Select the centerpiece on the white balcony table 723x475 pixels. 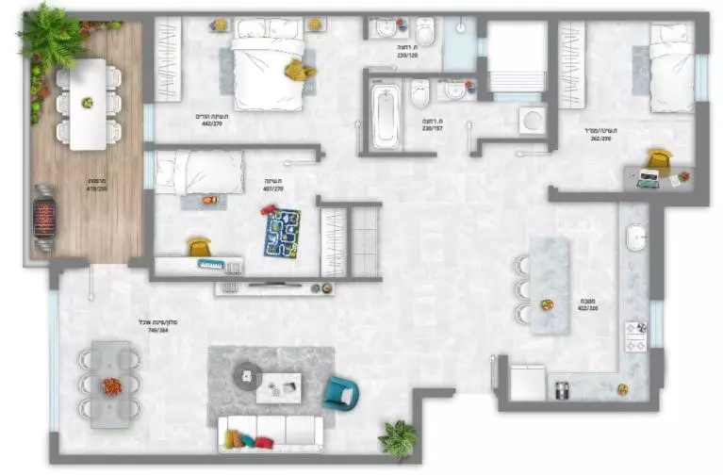pyautogui.click(x=88, y=102)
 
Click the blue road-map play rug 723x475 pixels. pyautogui.click(x=282, y=232)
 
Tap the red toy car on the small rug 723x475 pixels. pyautogui.click(x=208, y=200)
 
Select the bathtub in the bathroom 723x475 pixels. pyautogui.click(x=385, y=117)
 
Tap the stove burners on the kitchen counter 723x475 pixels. pyautogui.click(x=636, y=336)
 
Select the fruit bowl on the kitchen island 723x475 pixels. pyautogui.click(x=546, y=304)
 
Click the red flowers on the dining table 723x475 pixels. pyautogui.click(x=111, y=385)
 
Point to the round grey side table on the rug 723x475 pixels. pyautogui.click(x=247, y=375)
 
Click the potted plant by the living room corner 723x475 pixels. pyautogui.click(x=397, y=438)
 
